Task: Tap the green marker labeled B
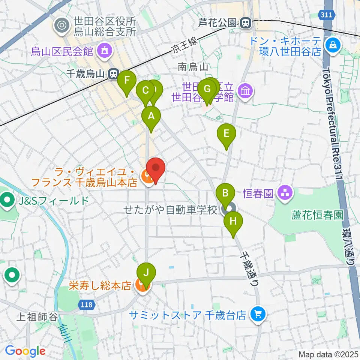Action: click(x=225, y=193)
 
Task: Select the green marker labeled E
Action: click(x=226, y=133)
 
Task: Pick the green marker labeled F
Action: click(x=127, y=80)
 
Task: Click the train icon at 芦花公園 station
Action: click(x=246, y=23)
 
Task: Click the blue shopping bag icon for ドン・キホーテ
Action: click(x=332, y=46)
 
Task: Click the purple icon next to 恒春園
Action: click(x=285, y=193)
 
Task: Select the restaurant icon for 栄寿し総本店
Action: click(x=142, y=286)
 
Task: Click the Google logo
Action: click(x=25, y=351)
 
